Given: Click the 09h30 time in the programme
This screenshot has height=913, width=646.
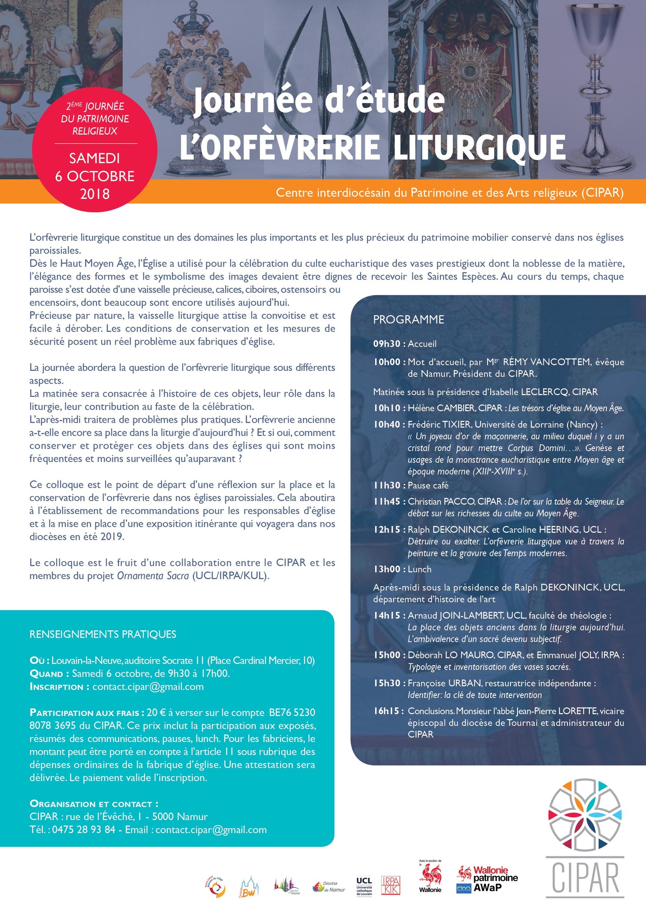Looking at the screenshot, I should pos(387,344).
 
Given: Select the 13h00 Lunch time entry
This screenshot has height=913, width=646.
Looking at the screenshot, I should pos(387,569).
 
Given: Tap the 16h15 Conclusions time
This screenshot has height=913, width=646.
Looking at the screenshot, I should pos(387,711).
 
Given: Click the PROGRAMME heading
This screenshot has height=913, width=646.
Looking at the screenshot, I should pos(409,320).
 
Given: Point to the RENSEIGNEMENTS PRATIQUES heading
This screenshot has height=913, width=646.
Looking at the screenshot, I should pos(103,634).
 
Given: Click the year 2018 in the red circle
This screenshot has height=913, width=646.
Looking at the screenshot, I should pos(95,194).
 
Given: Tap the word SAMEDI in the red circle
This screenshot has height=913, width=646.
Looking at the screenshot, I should pos(95,158).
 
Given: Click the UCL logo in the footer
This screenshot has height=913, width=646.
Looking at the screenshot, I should pos(364,884).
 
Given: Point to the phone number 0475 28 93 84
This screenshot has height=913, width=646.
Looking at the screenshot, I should pos(84,830).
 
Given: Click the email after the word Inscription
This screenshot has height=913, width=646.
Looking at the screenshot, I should pos(148,687).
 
